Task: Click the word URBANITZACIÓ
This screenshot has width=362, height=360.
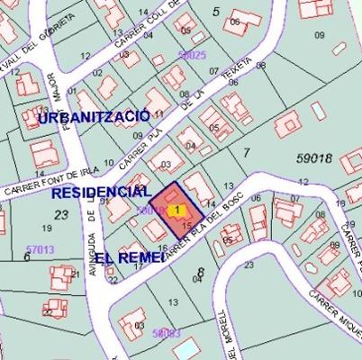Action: point(95,118)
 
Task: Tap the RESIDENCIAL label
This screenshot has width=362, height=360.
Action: point(101,193)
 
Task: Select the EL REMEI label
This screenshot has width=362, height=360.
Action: point(130,256)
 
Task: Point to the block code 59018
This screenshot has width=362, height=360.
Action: point(314,157)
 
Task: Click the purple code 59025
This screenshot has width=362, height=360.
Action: point(192,55)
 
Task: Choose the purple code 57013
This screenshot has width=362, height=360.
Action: point(40,248)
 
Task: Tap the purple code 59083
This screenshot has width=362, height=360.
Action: point(167,333)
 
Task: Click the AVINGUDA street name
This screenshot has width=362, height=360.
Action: point(93,236)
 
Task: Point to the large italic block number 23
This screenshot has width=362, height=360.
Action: point(61,214)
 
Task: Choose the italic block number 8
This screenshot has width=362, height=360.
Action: point(200,271)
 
